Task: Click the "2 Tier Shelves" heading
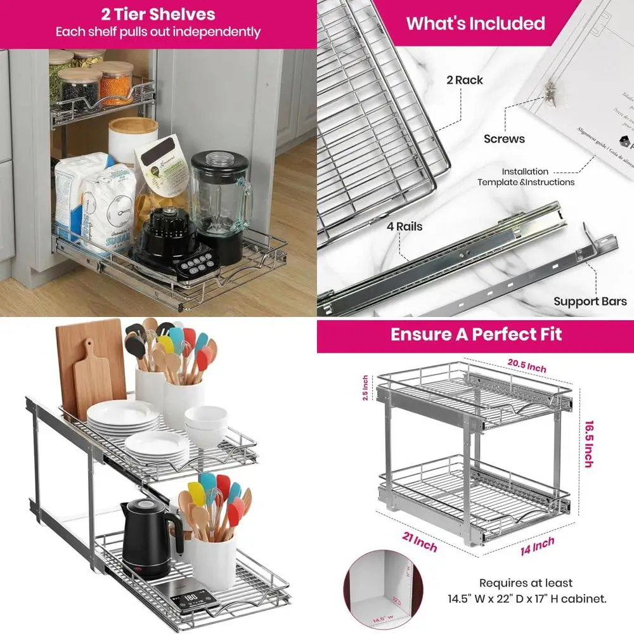[158, 14]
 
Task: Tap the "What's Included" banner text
[475, 23]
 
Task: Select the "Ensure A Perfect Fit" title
[475, 334]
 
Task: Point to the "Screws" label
[504, 138]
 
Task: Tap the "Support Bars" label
[590, 301]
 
